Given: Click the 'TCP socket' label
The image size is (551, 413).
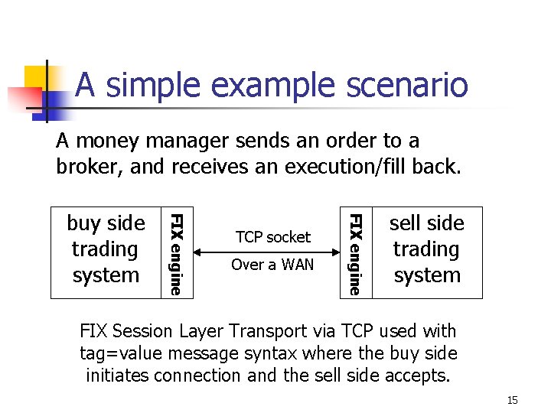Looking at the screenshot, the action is pos(273,237).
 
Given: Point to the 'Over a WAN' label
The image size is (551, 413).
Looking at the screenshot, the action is pos(273,265).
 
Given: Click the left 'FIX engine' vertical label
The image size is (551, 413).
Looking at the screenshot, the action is pos(175,253).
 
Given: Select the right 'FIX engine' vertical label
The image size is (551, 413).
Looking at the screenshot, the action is pos(354,253).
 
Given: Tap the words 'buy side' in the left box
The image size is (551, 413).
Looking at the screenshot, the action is pos(106,223).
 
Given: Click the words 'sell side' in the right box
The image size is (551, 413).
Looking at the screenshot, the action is pos(426,223).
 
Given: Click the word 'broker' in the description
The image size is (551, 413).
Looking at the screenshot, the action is pos(82,166).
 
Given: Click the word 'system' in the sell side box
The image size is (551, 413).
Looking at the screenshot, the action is pos(426,275).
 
